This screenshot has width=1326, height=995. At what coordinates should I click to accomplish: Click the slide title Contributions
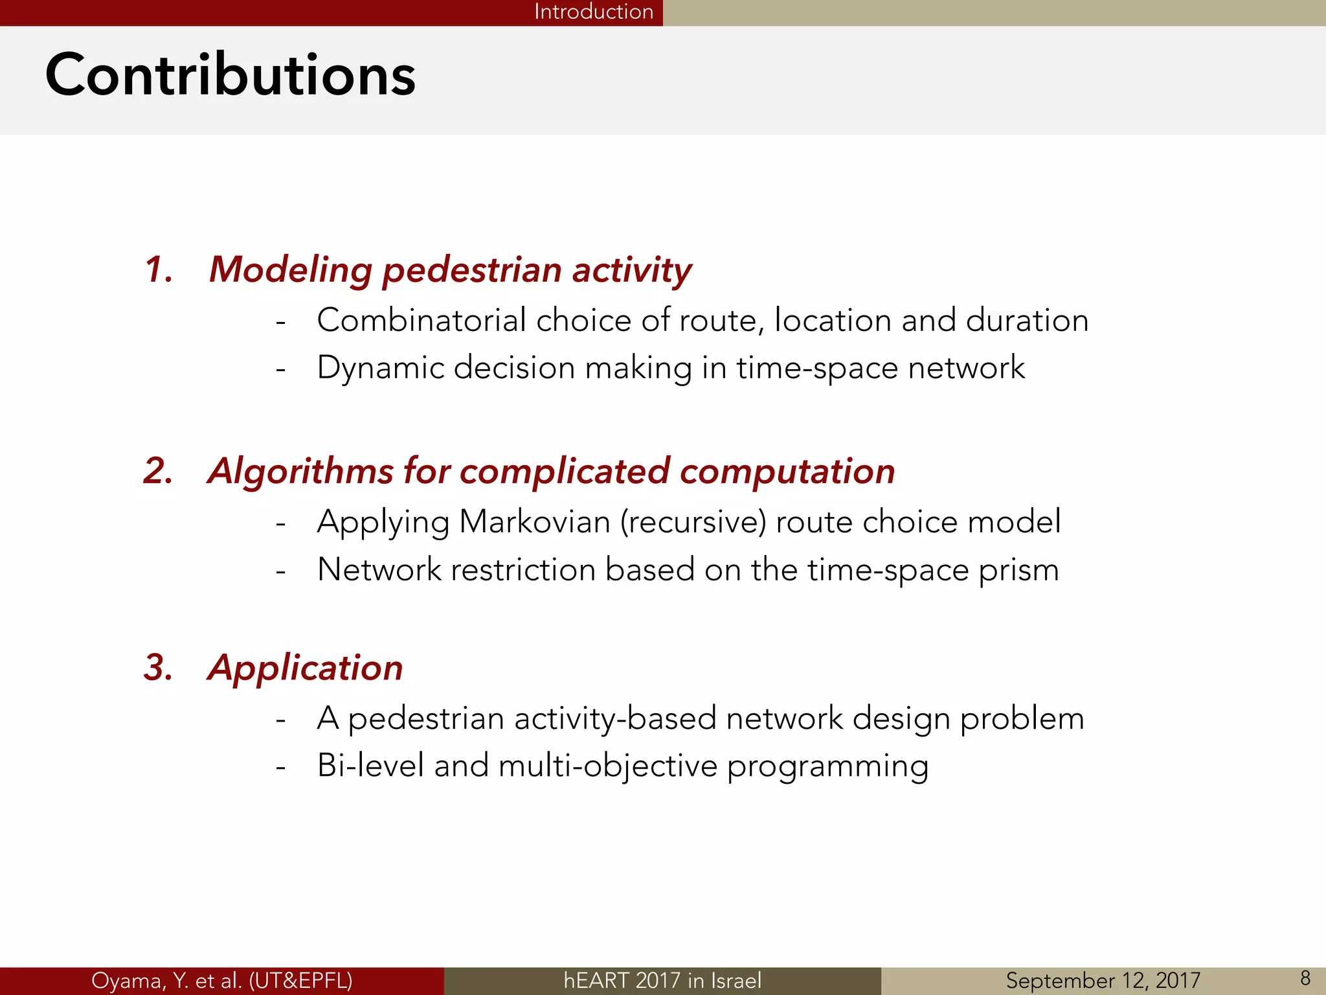click(230, 76)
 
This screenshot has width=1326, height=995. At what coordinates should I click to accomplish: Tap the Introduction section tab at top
click(593, 12)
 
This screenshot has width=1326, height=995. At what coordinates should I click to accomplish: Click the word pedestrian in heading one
click(471, 269)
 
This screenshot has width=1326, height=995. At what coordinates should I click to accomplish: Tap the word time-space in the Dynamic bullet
click(817, 368)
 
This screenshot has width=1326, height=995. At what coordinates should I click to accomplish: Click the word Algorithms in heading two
click(300, 471)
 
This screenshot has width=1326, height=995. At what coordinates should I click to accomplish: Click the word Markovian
click(535, 521)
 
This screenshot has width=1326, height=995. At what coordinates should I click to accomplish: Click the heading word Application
click(305, 667)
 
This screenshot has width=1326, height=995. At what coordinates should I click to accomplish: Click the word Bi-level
click(370, 766)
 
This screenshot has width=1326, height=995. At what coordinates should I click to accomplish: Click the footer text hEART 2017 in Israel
click(662, 980)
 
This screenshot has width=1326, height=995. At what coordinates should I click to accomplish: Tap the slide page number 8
click(1305, 978)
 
